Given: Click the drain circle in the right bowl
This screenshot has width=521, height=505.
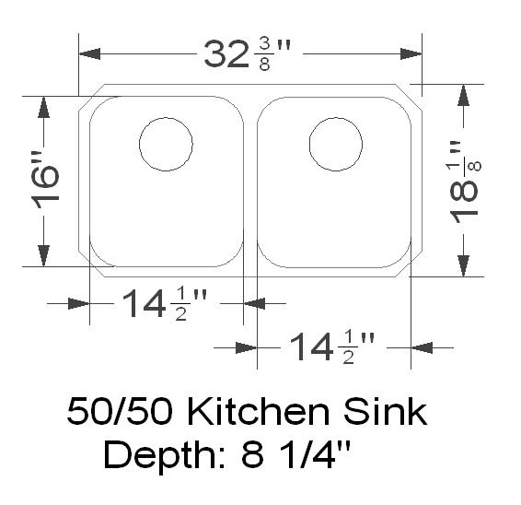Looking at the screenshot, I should [337, 145].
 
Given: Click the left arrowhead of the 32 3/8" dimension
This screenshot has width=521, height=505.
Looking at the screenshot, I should [89, 55].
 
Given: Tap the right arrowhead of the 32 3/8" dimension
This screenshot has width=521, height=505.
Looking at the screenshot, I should [411, 55].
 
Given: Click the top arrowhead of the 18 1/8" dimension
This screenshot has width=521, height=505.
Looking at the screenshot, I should [465, 94].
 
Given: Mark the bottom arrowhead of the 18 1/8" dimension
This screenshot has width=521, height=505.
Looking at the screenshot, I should [465, 266].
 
